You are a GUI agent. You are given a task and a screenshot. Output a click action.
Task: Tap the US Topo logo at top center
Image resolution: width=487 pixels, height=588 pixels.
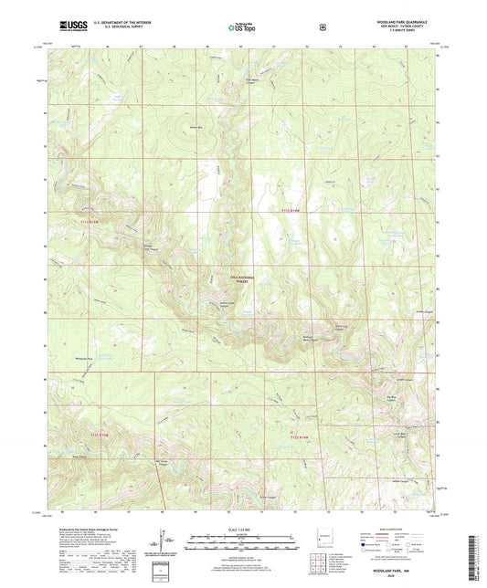point(243,27)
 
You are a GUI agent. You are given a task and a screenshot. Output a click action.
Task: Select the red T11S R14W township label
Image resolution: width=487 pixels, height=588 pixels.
point(291,212)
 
